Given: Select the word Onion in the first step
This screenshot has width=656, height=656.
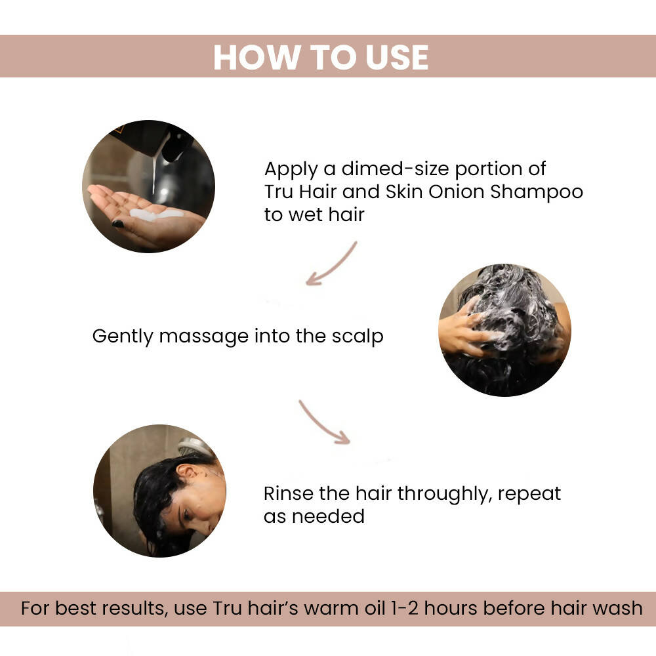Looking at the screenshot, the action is [456, 192].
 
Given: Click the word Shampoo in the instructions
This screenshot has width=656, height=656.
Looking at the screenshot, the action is [537, 192].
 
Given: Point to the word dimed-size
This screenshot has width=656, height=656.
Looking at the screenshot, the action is [395, 169].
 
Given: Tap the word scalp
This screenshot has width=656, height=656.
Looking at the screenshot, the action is [358, 337].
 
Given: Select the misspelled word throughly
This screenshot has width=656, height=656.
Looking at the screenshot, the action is [443, 494].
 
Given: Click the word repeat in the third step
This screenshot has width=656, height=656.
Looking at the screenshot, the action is [529, 495].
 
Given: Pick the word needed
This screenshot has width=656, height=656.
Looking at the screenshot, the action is [328, 516].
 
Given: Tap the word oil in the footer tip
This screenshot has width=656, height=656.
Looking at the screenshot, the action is [375, 608].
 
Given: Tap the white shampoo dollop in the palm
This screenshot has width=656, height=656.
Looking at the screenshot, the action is [155, 215].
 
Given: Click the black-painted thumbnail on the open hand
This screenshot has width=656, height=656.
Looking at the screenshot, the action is [118, 224].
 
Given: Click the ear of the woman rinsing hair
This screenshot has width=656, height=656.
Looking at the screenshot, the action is [185, 472].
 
